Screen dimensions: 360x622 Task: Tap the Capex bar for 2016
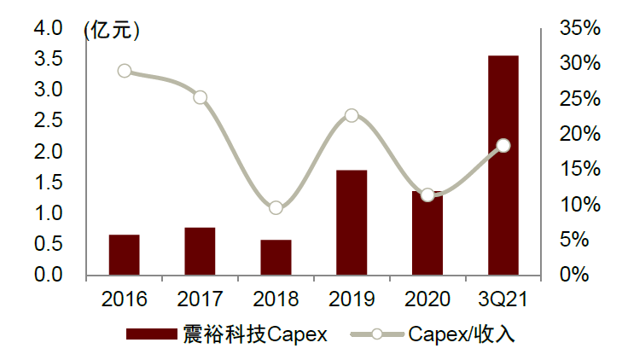click(x=125, y=254)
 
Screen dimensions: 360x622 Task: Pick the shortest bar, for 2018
click(x=276, y=257)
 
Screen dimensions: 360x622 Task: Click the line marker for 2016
click(x=125, y=71)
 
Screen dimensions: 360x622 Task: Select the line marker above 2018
click(x=276, y=208)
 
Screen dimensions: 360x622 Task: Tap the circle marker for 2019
click(x=352, y=115)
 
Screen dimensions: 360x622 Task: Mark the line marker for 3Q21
click(x=503, y=146)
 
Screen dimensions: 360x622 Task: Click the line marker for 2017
click(x=200, y=97)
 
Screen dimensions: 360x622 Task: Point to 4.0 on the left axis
click(x=49, y=29)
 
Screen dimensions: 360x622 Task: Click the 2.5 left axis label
click(x=49, y=121)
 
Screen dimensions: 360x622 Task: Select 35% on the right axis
click(x=580, y=29)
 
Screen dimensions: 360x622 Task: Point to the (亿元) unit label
click(x=112, y=30)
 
